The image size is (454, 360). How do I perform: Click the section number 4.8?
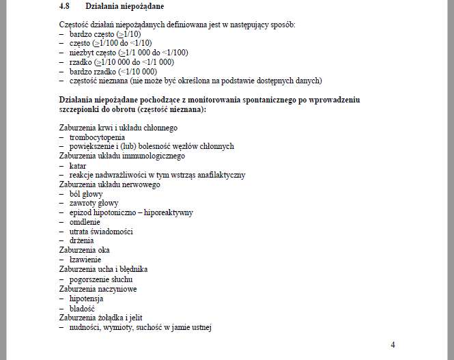coord(66,7)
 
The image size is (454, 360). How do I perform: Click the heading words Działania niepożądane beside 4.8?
coord(125,7)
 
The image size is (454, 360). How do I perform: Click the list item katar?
coord(78,165)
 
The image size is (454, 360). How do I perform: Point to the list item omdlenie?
coord(85,222)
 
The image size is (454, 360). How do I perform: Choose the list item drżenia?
coord(81,241)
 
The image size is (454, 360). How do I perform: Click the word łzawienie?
coord(85,260)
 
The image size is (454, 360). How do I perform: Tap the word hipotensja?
coord(87,299)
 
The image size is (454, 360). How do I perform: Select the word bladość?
coord(82,308)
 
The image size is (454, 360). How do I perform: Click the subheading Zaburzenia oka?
coord(85,250)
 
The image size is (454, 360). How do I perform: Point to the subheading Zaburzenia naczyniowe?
coord(98,289)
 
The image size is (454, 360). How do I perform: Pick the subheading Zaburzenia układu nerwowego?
coord(109,184)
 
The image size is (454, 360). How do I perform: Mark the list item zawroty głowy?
coord(94,203)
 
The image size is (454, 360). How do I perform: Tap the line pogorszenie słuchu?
coord(100,279)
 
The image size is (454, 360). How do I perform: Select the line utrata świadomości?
coord(100,232)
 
